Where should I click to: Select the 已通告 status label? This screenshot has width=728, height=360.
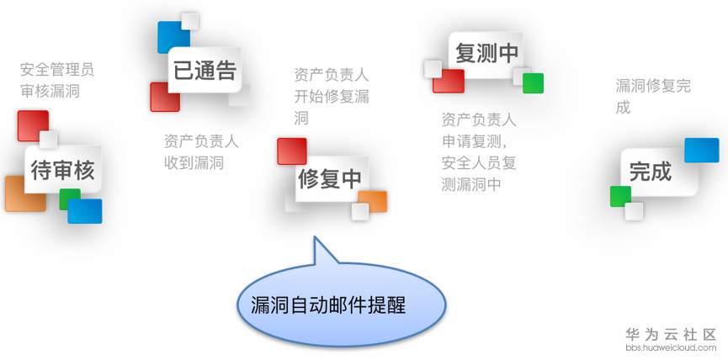[x=205, y=71]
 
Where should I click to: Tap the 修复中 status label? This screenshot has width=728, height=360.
[x=329, y=178]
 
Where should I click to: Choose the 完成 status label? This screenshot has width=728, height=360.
[x=651, y=172]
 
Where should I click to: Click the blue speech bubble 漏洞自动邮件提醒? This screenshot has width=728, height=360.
[x=328, y=304]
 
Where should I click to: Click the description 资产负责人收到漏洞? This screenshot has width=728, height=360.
[x=201, y=152]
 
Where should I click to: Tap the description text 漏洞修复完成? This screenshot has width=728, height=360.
[x=653, y=97]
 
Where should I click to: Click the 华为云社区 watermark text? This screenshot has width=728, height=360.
[x=671, y=334]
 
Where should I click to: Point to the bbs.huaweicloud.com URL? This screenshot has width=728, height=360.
[x=671, y=347]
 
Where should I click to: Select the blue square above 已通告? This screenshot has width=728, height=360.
[x=173, y=36]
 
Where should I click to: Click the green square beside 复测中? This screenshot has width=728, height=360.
[x=533, y=83]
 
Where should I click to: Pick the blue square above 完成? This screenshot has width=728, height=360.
[x=701, y=150]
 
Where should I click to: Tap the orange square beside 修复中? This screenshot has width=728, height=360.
[x=374, y=201]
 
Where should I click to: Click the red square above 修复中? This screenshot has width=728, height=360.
[x=291, y=151]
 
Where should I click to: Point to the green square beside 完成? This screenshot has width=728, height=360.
[x=620, y=196]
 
